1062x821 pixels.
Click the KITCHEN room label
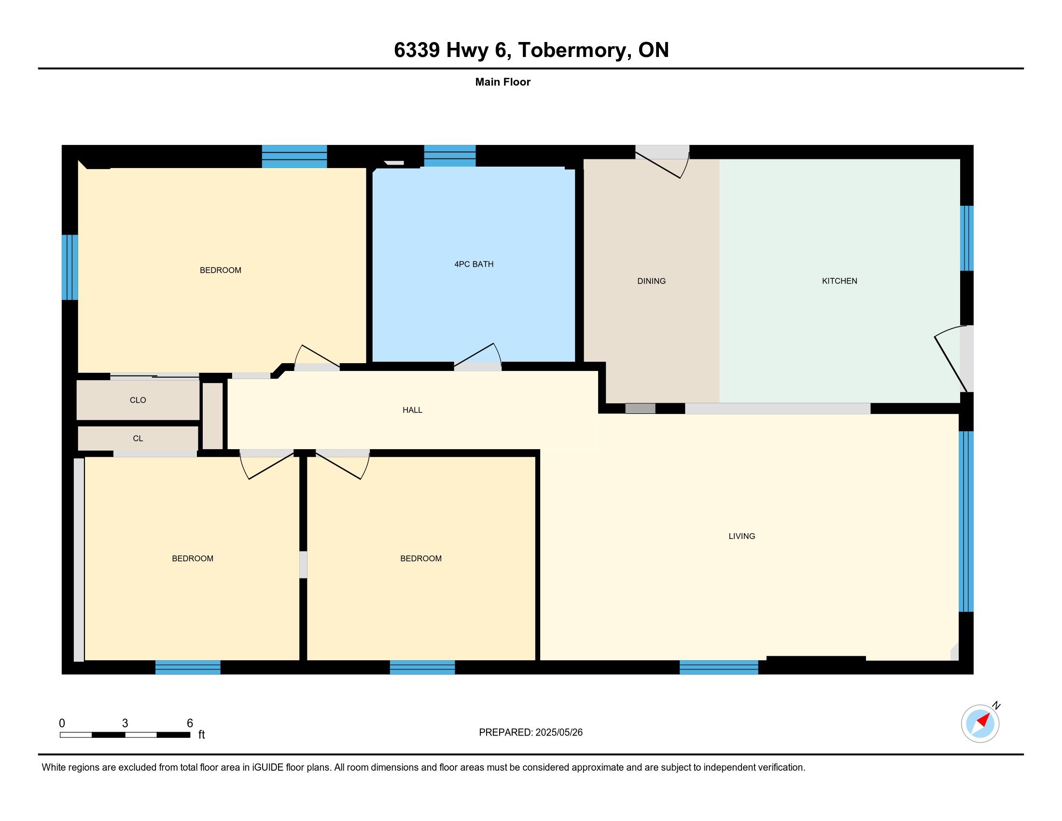point(839,281)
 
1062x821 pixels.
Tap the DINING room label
point(651,281)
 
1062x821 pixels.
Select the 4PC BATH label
point(474,264)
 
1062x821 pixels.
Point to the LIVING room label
point(741,536)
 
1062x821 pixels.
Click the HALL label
point(412,410)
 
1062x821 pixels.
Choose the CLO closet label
point(138,400)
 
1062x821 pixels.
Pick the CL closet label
point(138,438)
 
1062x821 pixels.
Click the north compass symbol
point(980,723)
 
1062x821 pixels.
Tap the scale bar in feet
point(125,735)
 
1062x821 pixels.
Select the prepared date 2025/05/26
point(559,732)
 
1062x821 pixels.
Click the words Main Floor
point(503,82)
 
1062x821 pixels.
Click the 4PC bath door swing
point(477,354)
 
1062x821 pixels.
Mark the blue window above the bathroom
point(450,156)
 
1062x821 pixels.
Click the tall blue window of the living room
point(966,521)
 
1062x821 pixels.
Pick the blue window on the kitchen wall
point(967,238)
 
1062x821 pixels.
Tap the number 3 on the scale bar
point(125,723)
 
